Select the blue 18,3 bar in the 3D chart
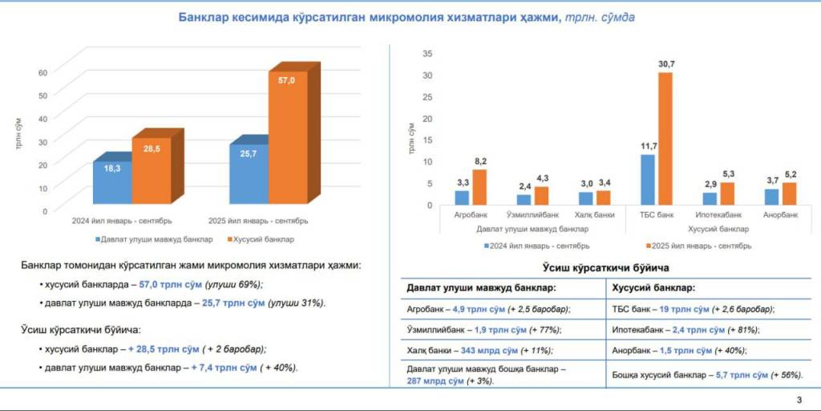click(x=112, y=183)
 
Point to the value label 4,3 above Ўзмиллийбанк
click(x=542, y=178)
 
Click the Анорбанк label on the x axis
click(x=780, y=215)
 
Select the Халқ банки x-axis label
click(x=594, y=215)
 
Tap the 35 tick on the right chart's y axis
click(x=427, y=53)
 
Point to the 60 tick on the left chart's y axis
click(x=43, y=72)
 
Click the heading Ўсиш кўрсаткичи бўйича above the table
click(x=606, y=267)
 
